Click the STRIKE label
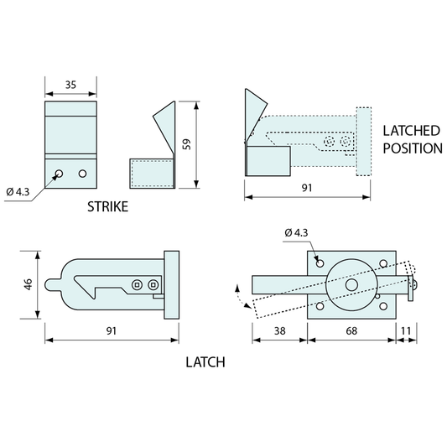tap(107, 206)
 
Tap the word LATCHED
tap(412, 131)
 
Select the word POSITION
tap(413, 148)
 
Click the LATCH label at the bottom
tap(205, 362)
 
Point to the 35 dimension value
tap(70, 85)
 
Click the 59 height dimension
tap(186, 144)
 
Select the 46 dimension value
tap(28, 284)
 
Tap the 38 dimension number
tap(279, 330)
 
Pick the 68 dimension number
tap(351, 330)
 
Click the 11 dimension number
tap(406, 330)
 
